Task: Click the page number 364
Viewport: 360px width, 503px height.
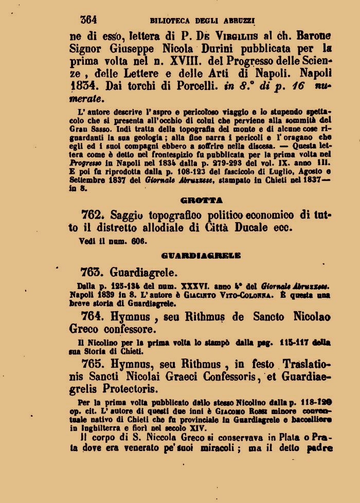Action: click(88, 20)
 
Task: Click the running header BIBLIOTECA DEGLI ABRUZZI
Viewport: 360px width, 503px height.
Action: click(203, 21)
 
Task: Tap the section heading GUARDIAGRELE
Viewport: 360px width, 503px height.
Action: click(201, 255)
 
